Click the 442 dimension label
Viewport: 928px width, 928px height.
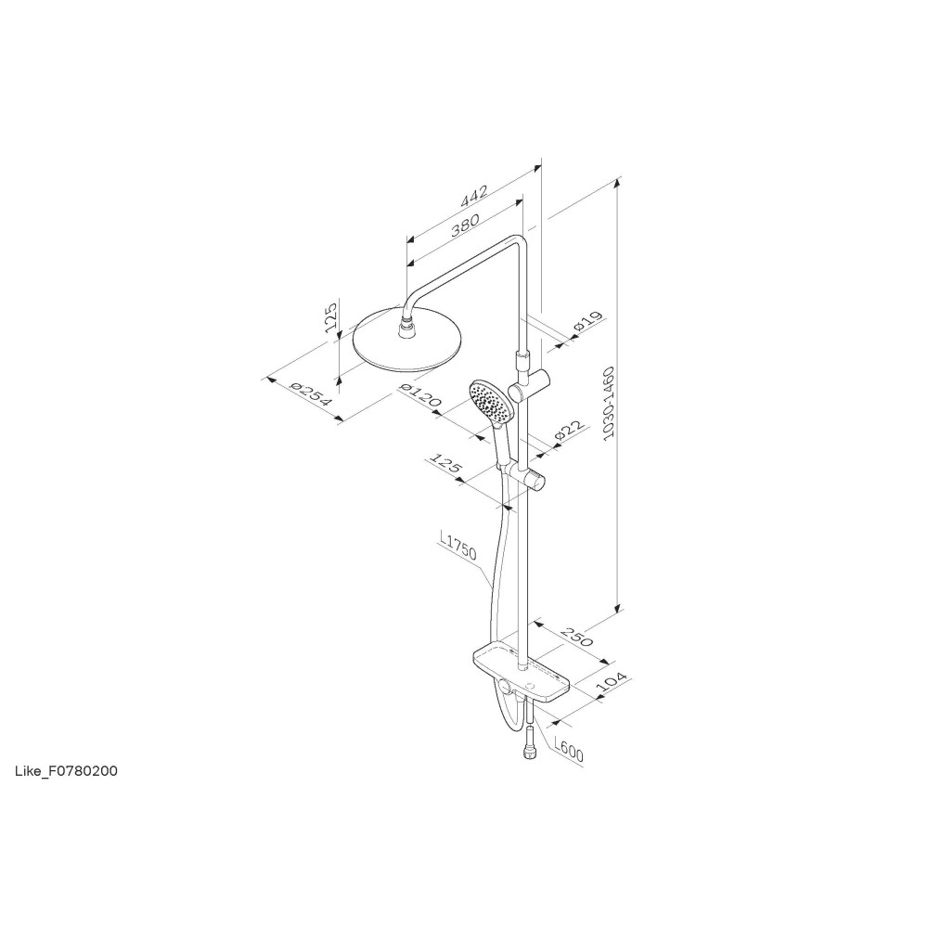coord(474,197)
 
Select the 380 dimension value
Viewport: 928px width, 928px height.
coord(465,225)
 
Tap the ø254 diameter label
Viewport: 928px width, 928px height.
coord(311,394)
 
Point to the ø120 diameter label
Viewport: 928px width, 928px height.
coord(420,394)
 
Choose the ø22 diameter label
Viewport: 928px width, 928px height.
coord(570,431)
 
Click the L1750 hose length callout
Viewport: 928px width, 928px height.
coord(458,545)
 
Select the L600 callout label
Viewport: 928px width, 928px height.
coord(568,749)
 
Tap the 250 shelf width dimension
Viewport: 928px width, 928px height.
coord(576,637)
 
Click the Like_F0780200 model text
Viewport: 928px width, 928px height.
coord(66,771)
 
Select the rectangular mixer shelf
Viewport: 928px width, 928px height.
coord(522,675)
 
